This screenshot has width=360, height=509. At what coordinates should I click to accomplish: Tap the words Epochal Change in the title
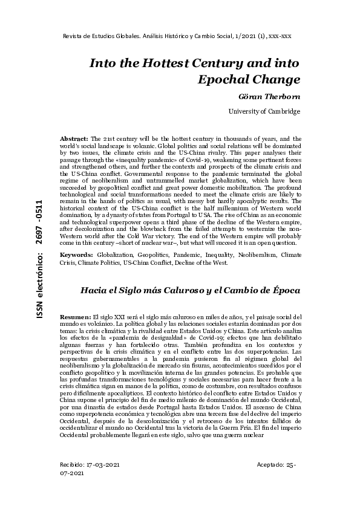click(x=249, y=79)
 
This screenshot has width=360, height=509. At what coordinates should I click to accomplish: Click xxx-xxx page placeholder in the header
click(x=280, y=36)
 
